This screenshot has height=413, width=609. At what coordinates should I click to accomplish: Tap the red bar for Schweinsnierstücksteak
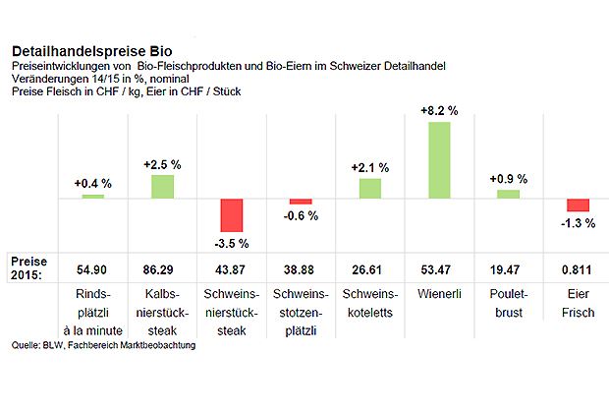pyautogui.click(x=231, y=214)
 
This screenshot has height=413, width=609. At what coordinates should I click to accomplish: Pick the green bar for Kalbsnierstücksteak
pyautogui.click(x=162, y=186)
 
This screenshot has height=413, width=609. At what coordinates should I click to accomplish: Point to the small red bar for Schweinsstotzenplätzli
pyautogui.click(x=300, y=201)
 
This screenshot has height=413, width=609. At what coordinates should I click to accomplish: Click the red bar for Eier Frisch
pyautogui.click(x=579, y=205)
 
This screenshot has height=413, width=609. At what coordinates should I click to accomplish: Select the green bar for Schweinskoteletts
pyautogui.click(x=370, y=188)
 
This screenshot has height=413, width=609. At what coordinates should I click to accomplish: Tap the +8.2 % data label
pyautogui.click(x=439, y=111)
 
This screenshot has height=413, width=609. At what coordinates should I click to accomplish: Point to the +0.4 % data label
pyautogui.click(x=92, y=183)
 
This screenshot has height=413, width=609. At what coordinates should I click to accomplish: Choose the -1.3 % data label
pyautogui.click(x=579, y=223)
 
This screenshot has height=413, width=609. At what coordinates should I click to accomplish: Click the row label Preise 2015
pyautogui.click(x=29, y=267)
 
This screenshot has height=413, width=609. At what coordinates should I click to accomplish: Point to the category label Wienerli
pyautogui.click(x=439, y=295)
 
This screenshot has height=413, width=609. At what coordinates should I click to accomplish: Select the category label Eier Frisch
pyautogui.click(x=579, y=303)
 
